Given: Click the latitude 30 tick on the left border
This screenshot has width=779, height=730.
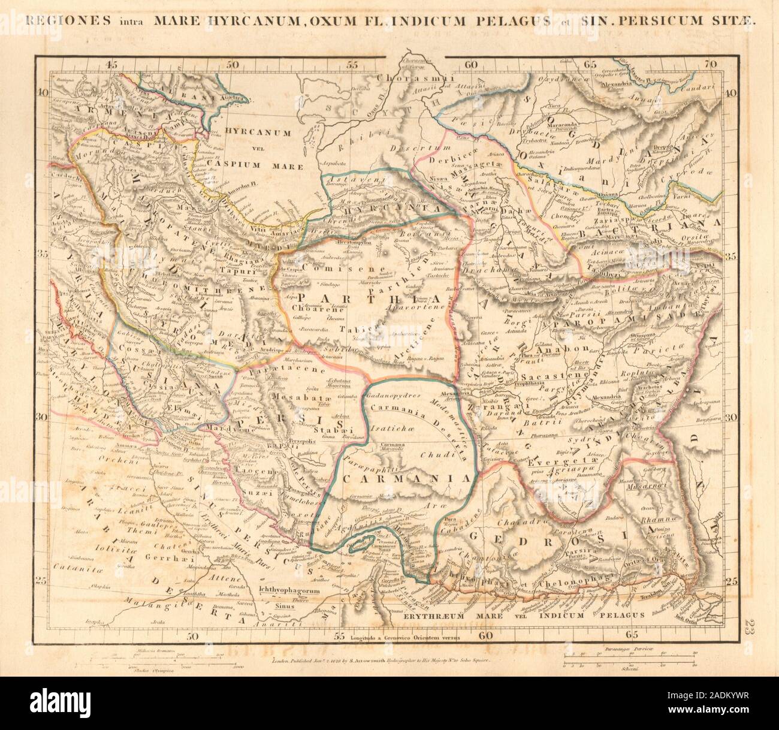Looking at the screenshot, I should [43, 416].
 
